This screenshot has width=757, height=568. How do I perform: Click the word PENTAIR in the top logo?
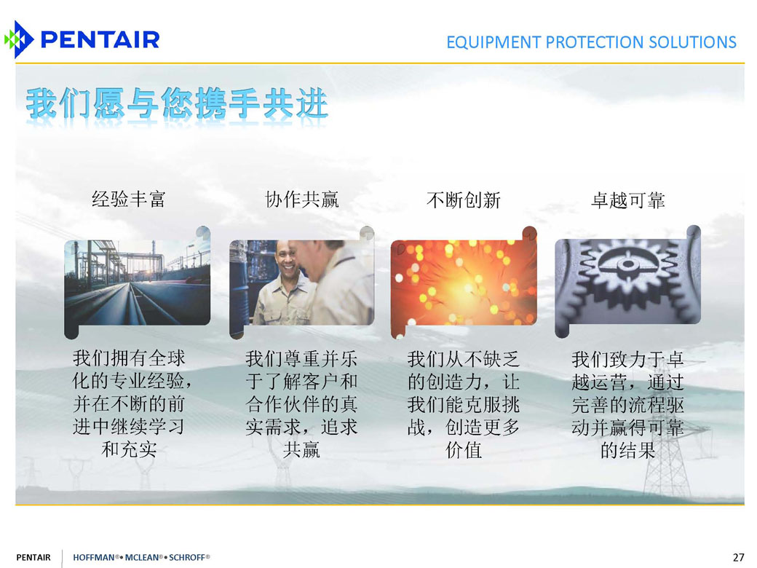[x=100, y=39]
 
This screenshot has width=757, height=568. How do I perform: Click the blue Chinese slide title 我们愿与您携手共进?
[x=177, y=103]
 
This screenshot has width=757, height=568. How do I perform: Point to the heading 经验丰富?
[x=128, y=199]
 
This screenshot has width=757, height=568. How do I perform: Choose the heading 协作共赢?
[x=302, y=199]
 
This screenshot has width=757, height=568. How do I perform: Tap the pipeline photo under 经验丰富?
[x=138, y=283]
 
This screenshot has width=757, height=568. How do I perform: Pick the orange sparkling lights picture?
[x=464, y=283]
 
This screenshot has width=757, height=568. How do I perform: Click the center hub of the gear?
[x=627, y=264]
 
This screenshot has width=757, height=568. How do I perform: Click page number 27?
[x=738, y=557]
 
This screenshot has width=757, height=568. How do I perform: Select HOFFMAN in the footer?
[x=94, y=557]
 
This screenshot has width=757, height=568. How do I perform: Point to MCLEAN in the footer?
[x=141, y=557]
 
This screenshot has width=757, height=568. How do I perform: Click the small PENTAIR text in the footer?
[x=33, y=557]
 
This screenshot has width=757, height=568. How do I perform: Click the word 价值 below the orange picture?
[x=464, y=450]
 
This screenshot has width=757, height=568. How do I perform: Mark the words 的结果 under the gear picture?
[x=627, y=451]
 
